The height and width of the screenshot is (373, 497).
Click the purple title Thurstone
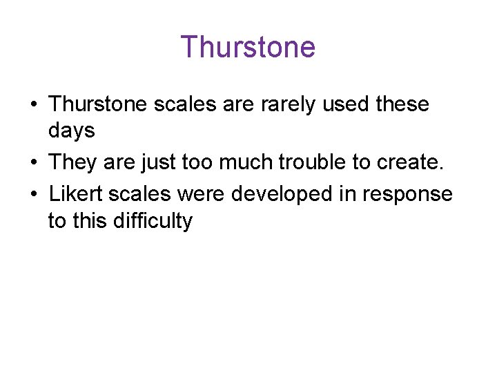(x=248, y=47)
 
